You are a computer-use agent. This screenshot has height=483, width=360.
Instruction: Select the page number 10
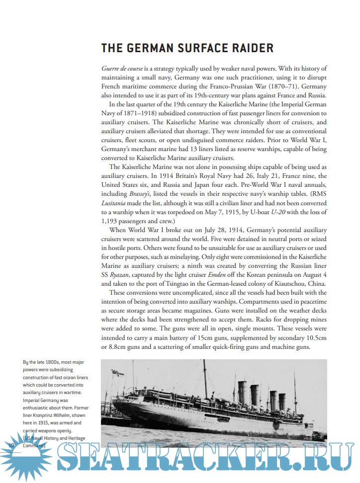(10, 446)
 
